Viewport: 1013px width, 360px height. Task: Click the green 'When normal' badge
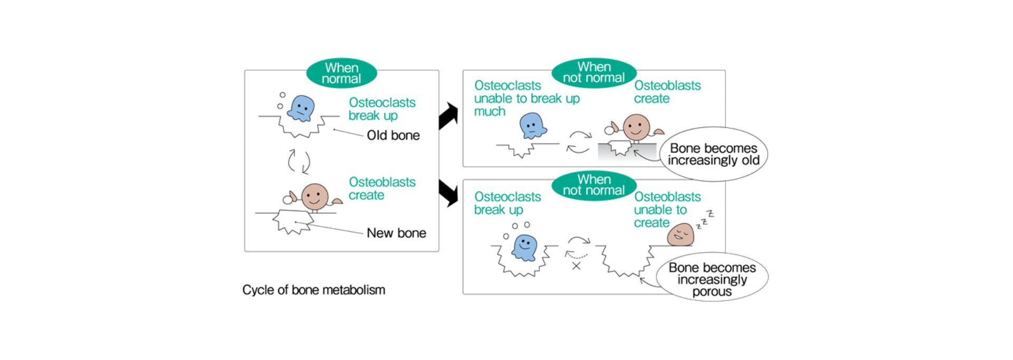341,73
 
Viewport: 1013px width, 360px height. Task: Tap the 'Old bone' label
393,136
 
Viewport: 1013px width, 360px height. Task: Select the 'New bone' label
396,233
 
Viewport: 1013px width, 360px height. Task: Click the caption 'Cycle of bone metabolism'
313,290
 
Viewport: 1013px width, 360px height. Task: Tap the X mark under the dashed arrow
576,266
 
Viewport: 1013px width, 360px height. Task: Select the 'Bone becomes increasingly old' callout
713,154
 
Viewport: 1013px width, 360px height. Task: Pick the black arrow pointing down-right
448,193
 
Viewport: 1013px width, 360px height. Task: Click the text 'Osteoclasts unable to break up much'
526,99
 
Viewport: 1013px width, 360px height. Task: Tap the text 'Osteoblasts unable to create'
667,210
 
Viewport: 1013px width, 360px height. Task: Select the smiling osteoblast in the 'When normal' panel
314,196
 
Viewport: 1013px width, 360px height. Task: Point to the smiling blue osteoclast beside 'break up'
524,248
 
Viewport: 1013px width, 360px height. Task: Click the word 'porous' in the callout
712,291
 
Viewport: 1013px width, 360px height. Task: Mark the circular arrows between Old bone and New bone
299,161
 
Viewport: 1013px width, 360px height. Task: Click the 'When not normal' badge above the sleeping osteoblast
594,185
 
